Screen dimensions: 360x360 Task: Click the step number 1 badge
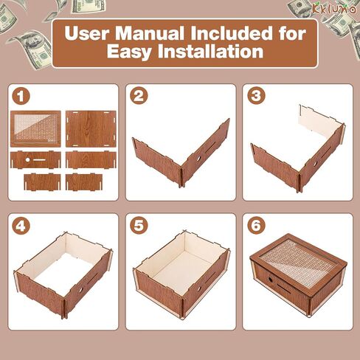point(21,96)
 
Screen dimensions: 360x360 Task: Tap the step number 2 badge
point(139,96)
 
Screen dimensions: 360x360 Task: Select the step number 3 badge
point(256,95)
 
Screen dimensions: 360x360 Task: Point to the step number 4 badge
point(21,226)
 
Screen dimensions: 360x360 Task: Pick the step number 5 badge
point(139,226)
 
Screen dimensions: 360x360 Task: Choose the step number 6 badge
point(256,225)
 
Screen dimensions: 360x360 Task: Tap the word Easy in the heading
point(129,52)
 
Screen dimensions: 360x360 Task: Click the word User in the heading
point(87,33)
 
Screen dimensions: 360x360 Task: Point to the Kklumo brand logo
point(334,9)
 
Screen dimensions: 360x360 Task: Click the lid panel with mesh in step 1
point(35,128)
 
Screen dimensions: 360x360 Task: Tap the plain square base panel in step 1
point(91,128)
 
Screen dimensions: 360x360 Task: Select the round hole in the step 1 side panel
point(27,160)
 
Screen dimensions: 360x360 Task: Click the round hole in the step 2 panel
point(198,159)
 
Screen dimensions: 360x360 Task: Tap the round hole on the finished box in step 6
point(269,280)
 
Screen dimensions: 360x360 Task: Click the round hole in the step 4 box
point(80,290)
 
